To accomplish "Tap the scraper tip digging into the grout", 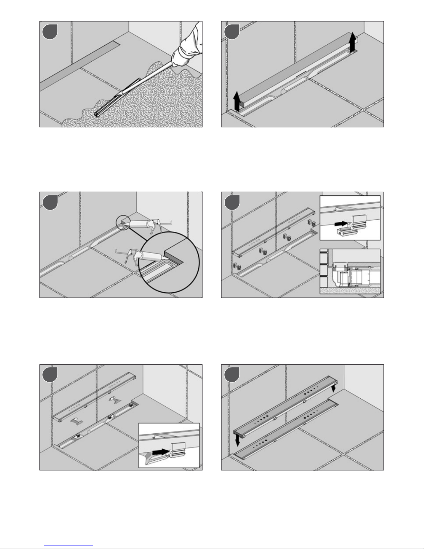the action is click(x=97, y=114).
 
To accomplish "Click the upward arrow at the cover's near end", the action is click(x=237, y=100).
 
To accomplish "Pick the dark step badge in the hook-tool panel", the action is click(x=50, y=375).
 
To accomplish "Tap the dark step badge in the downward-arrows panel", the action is click(x=231, y=375).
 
